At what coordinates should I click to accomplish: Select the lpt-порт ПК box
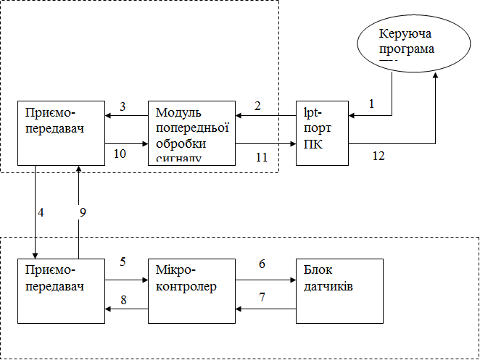[322, 133]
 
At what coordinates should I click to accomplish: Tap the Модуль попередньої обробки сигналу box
[192, 133]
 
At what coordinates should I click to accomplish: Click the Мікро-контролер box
[192, 290]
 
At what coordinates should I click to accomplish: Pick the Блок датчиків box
[339, 290]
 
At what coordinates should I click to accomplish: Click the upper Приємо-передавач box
[62, 133]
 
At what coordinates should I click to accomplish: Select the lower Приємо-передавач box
[62, 290]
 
